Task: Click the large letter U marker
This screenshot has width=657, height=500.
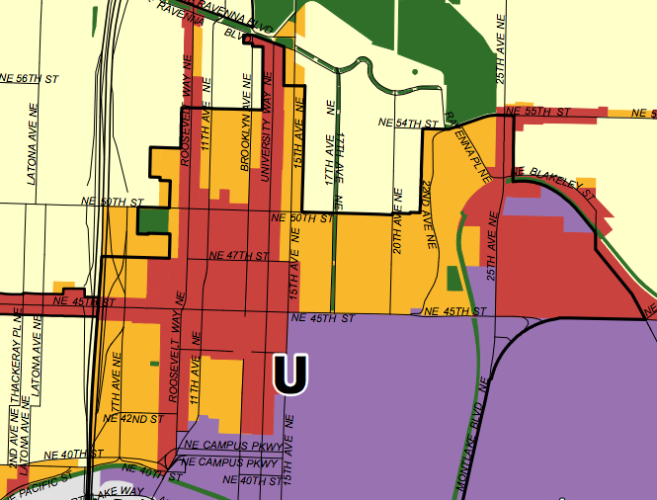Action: pyautogui.click(x=290, y=374)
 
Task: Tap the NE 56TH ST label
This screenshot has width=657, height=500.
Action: pyautogui.click(x=30, y=77)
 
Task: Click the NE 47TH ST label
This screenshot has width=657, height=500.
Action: pyautogui.click(x=240, y=256)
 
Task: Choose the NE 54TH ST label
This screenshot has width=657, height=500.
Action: pyautogui.click(x=408, y=123)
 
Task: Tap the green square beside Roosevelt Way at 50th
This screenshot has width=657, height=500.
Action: pyautogui.click(x=154, y=219)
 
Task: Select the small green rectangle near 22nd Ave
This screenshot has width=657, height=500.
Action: pyautogui.click(x=453, y=279)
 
